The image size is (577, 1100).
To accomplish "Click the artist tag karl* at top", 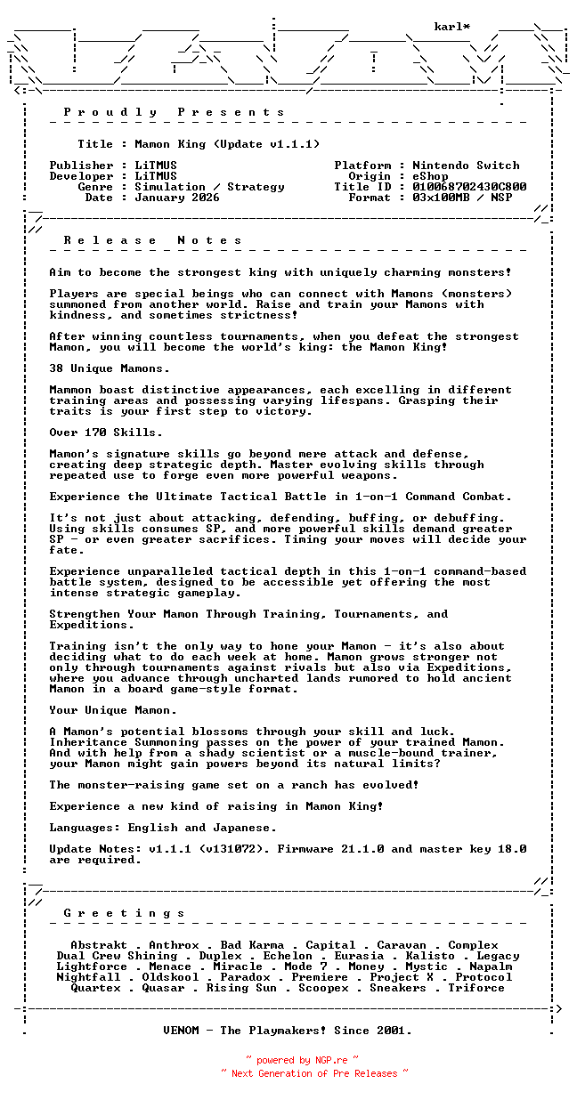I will pos(451,27).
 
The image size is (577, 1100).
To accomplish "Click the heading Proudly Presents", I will pos(175,112).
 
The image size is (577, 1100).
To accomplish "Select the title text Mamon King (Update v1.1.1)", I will pos(227,144).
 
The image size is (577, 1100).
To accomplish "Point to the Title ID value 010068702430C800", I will pos(469,187).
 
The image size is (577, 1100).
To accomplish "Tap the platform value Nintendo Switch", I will pos(466,166).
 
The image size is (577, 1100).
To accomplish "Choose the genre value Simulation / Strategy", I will pos(209,187).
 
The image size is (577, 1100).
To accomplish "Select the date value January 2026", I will pos(177,198).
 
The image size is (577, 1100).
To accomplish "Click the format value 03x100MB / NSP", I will pos(462,198).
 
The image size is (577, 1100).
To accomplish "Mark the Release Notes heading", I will pos(153,240).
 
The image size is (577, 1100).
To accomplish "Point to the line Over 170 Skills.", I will pos(106,433).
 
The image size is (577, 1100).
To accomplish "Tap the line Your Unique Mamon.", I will pos(113,710).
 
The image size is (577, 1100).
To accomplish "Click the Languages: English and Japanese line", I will pos(163,828).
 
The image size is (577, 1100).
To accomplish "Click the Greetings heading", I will pos(125,913).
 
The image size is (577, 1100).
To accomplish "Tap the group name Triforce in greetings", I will pos(476,988).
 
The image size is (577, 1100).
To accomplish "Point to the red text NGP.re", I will pos(330,1060).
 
